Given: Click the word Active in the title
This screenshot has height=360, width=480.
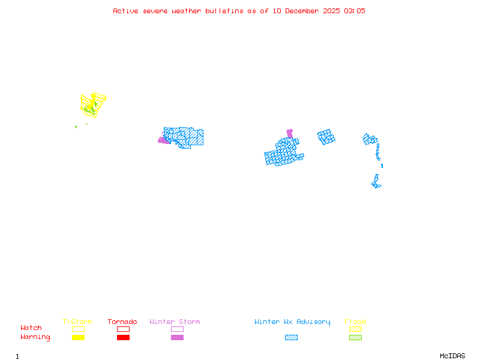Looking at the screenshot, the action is point(126,11).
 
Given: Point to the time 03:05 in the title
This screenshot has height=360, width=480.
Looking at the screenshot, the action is point(355,11).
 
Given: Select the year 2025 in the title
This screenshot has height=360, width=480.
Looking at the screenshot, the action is point(332,11).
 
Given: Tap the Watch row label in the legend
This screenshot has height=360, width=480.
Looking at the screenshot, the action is point(31,328).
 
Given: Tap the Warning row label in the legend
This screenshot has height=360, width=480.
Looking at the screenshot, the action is point(35,337).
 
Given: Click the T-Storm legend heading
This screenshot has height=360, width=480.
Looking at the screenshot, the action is point(77,322).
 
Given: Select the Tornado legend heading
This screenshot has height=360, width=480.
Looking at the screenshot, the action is point(122,322).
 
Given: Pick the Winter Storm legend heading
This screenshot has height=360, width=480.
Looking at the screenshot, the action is point(175,322).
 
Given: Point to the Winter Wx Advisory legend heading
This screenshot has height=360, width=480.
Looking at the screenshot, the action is point(292,322).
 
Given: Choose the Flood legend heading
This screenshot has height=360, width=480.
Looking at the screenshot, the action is point(355,322).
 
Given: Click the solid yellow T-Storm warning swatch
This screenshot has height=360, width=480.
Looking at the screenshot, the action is point(78,338).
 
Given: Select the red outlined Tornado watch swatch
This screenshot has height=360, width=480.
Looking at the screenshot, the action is point(123,329).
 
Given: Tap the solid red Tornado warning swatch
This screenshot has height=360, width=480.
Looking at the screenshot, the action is point(123,338).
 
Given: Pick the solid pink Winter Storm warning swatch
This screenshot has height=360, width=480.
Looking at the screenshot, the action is point(177,338).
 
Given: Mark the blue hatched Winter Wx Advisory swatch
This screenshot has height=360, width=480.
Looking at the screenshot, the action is point(291,338).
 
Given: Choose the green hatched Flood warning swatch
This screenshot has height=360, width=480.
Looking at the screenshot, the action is point(355,338).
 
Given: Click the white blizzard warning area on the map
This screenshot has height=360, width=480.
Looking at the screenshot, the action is point(379,164).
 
